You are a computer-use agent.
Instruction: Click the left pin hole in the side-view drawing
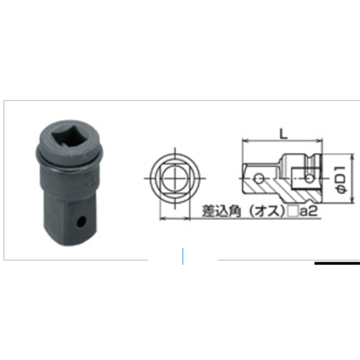[x=258, y=178]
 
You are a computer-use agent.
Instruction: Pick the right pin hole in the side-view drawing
[x=307, y=178]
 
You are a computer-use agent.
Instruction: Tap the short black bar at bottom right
[x=337, y=263]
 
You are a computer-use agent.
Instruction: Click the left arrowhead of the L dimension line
[x=244, y=142]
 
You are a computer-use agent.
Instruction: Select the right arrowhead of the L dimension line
[x=322, y=142]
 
